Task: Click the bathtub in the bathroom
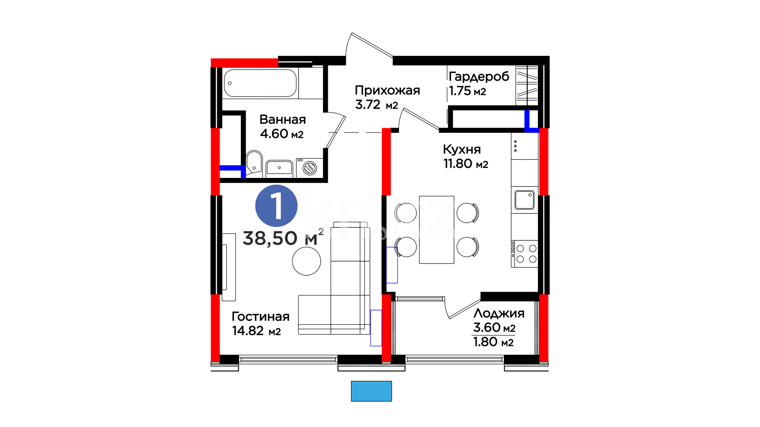tap(260, 83)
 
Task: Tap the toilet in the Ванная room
tap(254, 164)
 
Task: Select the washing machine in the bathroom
tap(310, 168)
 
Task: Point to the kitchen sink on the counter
tap(524, 200)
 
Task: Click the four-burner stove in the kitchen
tap(524, 254)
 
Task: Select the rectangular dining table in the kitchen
tap(437, 230)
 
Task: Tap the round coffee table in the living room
tap(306, 261)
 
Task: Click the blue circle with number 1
tap(276, 206)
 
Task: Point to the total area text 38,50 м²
tap(283, 238)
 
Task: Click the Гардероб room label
tap(479, 76)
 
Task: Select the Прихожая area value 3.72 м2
tap(376, 105)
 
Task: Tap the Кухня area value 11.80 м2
tap(465, 164)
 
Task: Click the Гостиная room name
tap(260, 316)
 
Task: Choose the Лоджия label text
tap(499, 313)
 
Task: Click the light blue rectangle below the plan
tap(371, 391)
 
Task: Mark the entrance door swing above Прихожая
tap(369, 45)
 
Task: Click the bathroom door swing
tap(336, 130)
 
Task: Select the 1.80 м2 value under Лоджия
tap(493, 342)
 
